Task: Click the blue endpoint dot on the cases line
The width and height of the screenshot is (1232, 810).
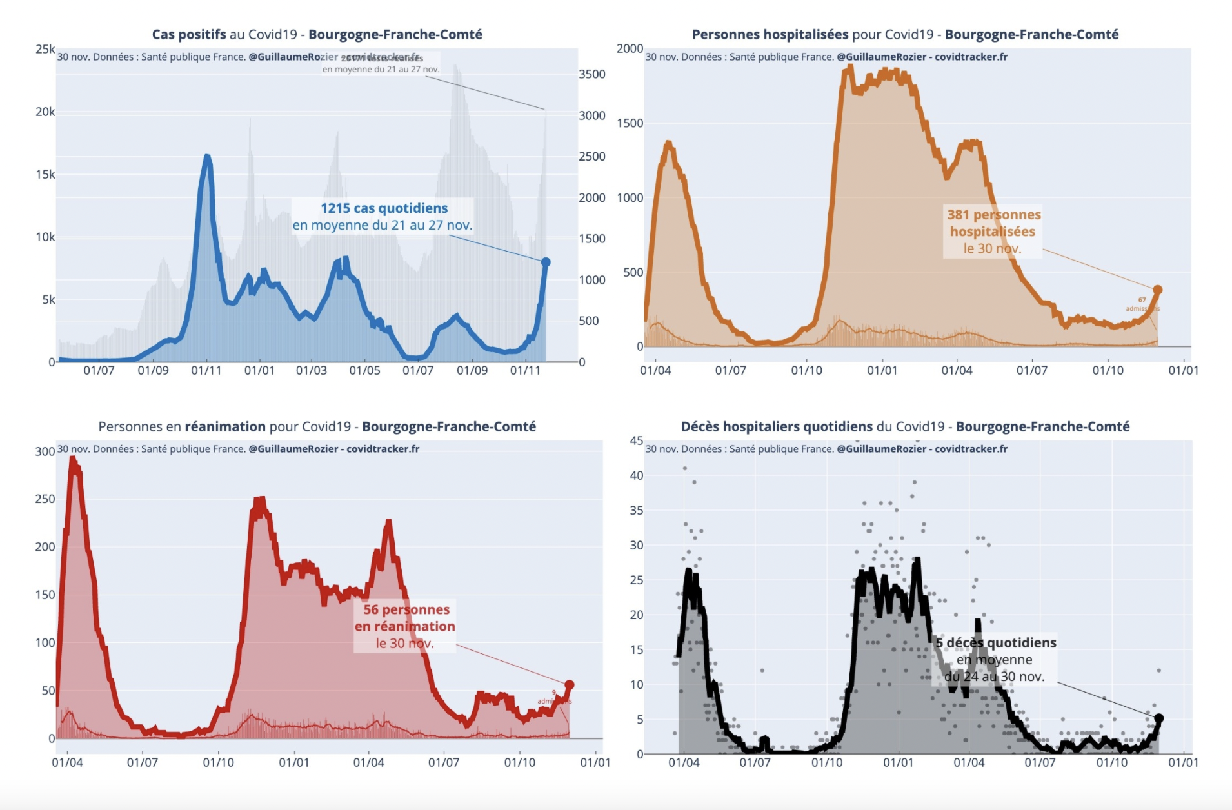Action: [x=546, y=262]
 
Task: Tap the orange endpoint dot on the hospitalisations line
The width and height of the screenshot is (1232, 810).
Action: [x=1157, y=290]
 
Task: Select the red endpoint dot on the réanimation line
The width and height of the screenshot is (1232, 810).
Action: [x=569, y=685]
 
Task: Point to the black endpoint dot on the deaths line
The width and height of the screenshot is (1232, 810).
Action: [x=1158, y=718]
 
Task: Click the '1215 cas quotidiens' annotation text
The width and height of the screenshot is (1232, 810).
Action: [x=384, y=208]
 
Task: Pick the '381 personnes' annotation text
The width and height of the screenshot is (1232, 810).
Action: [x=993, y=215]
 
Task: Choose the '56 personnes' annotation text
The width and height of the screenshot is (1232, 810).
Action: [x=406, y=609]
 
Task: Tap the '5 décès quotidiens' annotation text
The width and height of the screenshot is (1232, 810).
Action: [x=996, y=642]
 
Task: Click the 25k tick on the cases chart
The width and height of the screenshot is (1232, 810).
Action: [x=45, y=49]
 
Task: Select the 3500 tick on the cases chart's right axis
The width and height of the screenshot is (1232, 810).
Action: [x=591, y=74]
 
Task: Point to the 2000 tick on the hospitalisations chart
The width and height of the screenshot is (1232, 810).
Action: [x=630, y=49]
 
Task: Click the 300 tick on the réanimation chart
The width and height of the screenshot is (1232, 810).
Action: [x=45, y=451]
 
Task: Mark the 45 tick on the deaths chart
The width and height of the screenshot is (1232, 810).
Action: [x=636, y=441]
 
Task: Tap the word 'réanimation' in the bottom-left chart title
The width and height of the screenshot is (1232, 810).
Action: [x=225, y=426]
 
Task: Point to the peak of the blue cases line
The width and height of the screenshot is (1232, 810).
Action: [x=206, y=156]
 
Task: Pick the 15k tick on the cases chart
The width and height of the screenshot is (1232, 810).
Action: [x=45, y=174]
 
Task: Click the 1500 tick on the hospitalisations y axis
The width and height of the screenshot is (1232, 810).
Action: [x=630, y=123]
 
